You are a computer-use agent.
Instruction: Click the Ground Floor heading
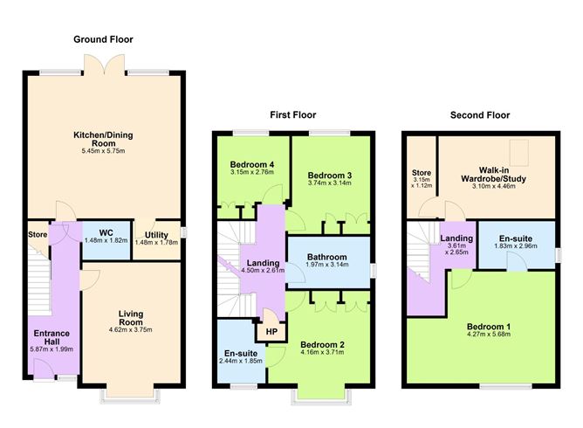[104, 39]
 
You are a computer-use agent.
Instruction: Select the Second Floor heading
[478, 114]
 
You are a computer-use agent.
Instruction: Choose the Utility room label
[156, 235]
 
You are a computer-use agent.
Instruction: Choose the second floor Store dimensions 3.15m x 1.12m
[422, 184]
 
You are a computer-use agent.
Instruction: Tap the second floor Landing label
[456, 238]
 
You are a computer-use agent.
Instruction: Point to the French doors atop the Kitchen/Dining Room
[104, 65]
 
